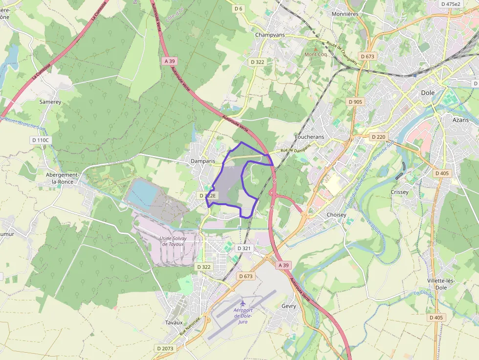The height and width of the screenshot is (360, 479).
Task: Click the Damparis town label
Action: (x=203, y=161)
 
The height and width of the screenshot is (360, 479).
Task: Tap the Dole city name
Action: (x=428, y=92)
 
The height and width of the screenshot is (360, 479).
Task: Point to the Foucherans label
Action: (x=309, y=137)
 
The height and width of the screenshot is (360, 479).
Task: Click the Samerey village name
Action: (x=50, y=102)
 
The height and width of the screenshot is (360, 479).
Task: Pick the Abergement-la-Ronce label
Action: (x=62, y=178)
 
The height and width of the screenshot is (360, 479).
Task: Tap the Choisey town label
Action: (x=336, y=214)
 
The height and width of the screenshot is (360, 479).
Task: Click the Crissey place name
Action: (x=399, y=192)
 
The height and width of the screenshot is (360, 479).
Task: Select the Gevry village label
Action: (x=289, y=306)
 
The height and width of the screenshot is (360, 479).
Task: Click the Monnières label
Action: (x=345, y=14)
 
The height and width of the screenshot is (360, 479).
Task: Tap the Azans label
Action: (x=460, y=120)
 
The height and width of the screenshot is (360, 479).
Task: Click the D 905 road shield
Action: (x=356, y=102)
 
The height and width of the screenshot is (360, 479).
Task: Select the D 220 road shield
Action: (x=378, y=137)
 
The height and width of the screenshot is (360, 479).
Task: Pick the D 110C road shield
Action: (x=41, y=140)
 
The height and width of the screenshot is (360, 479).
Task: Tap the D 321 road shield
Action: (x=244, y=248)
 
